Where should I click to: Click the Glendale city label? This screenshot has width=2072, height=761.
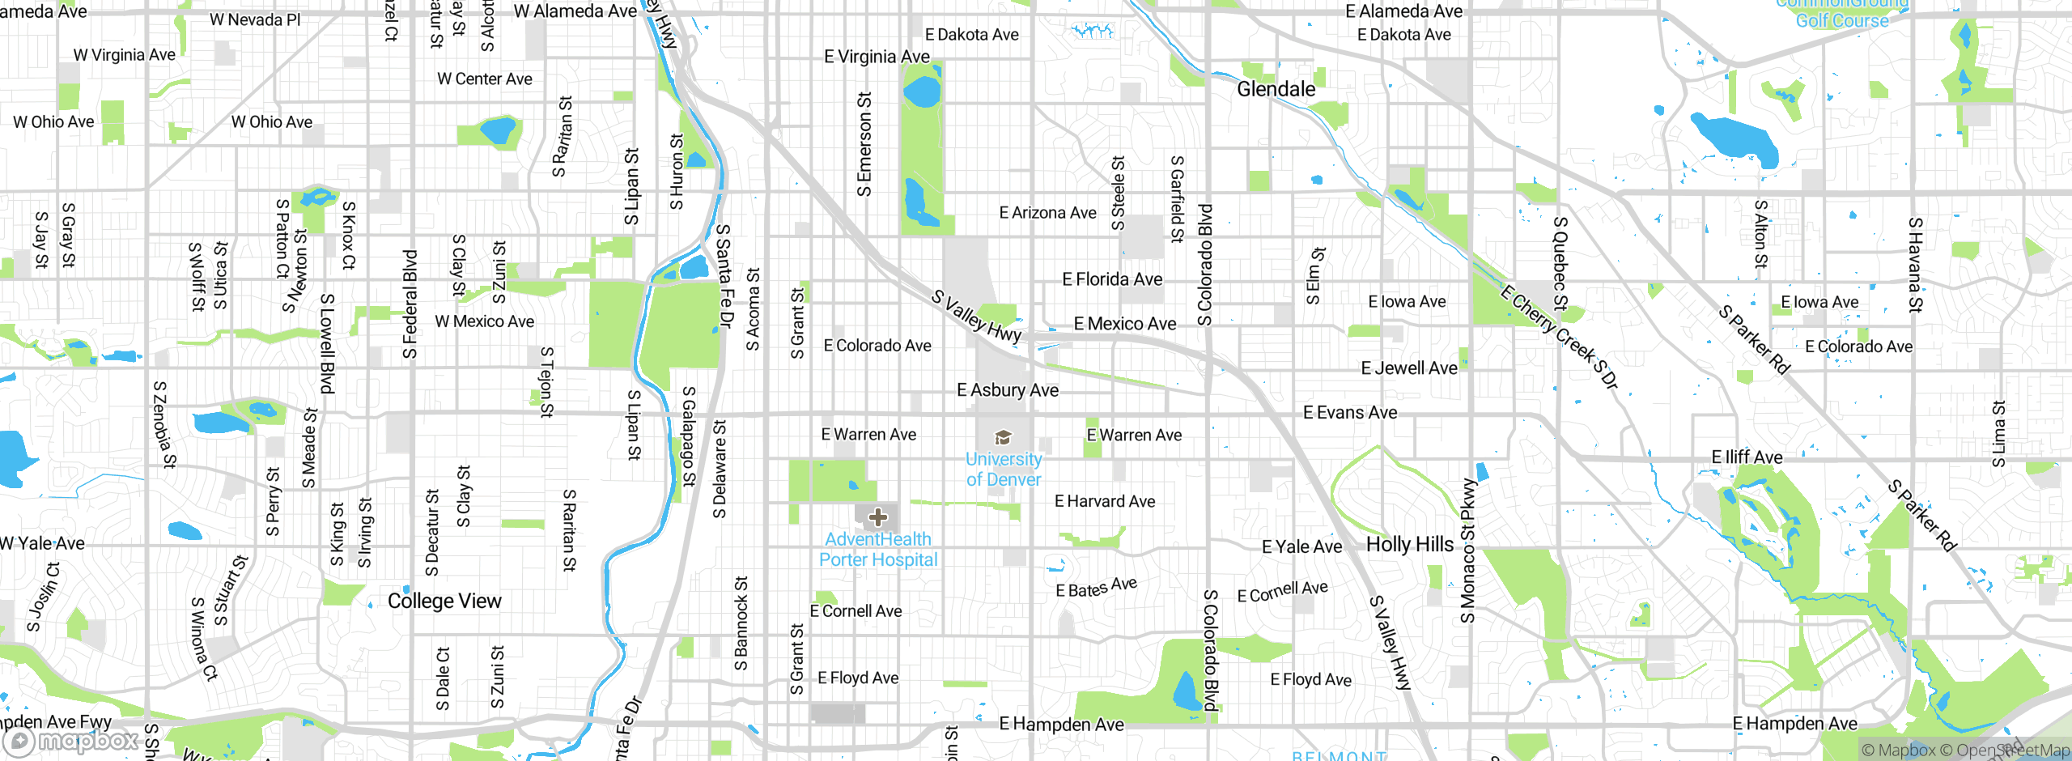(1276, 89)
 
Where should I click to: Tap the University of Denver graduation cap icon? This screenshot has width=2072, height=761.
(1003, 438)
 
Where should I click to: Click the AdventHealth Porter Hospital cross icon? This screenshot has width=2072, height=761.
(877, 517)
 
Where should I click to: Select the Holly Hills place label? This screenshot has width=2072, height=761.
(1409, 544)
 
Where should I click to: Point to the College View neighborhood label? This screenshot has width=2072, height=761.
(444, 601)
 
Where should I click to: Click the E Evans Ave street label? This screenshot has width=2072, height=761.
(1349, 413)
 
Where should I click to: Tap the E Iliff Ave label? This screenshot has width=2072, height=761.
(1747, 457)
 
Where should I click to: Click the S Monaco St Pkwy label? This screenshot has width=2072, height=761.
(1467, 551)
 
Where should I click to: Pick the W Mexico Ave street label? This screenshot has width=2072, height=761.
(484, 321)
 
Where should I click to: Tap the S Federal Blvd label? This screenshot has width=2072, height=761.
(410, 304)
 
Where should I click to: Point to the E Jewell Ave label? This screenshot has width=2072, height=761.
(1408, 368)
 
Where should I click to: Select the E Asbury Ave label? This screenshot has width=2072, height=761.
(1007, 390)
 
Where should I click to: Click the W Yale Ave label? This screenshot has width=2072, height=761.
(42, 543)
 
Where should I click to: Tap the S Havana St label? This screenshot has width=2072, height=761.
(1914, 264)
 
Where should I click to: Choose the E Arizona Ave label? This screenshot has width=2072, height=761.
(1047, 213)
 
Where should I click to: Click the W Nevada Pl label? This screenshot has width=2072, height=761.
(255, 20)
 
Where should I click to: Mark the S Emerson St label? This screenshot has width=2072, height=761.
(864, 144)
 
